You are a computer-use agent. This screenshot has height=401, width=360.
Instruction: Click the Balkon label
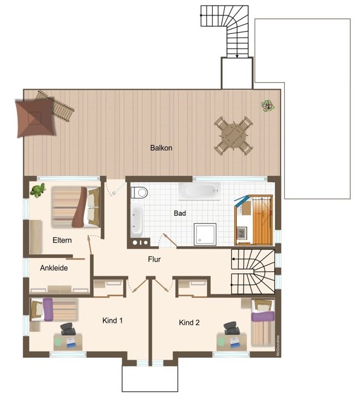point(161,148)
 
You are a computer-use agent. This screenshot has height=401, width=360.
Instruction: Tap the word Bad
point(180,213)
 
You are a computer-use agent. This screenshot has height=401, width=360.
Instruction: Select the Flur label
point(154,260)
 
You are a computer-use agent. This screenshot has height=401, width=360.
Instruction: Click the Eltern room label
point(63,239)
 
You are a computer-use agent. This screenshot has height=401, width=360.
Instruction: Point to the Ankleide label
point(54,268)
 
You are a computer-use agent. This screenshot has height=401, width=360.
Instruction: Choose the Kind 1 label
point(113,320)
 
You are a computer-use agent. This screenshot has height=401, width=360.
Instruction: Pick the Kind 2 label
point(189,322)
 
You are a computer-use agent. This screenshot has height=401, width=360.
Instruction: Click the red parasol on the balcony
point(36,117)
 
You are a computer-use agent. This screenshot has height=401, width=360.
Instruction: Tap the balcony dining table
point(233,134)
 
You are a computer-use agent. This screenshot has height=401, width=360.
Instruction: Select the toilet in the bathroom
point(141,192)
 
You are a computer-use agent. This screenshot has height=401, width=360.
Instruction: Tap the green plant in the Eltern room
point(39,190)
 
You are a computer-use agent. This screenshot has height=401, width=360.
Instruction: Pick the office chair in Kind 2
point(232,328)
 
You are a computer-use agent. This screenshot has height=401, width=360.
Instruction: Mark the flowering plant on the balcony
point(268,105)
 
